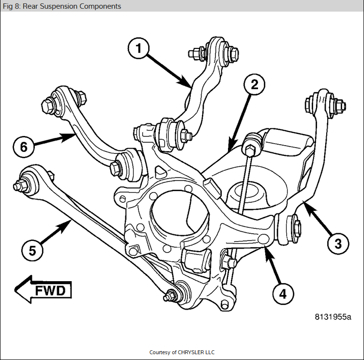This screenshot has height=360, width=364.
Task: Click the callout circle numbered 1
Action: pyautogui.click(x=138, y=49)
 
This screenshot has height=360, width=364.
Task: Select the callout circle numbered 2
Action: pyautogui.click(x=255, y=85)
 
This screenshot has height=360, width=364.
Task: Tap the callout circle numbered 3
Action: pyautogui.click(x=337, y=244)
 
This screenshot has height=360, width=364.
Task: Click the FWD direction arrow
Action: pyautogui.click(x=44, y=290)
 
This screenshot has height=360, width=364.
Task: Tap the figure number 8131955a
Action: pyautogui.click(x=333, y=317)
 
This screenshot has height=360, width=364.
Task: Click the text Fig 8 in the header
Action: pyautogui.click(x=9, y=6)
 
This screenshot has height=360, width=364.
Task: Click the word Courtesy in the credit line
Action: pyautogui.click(x=160, y=352)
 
